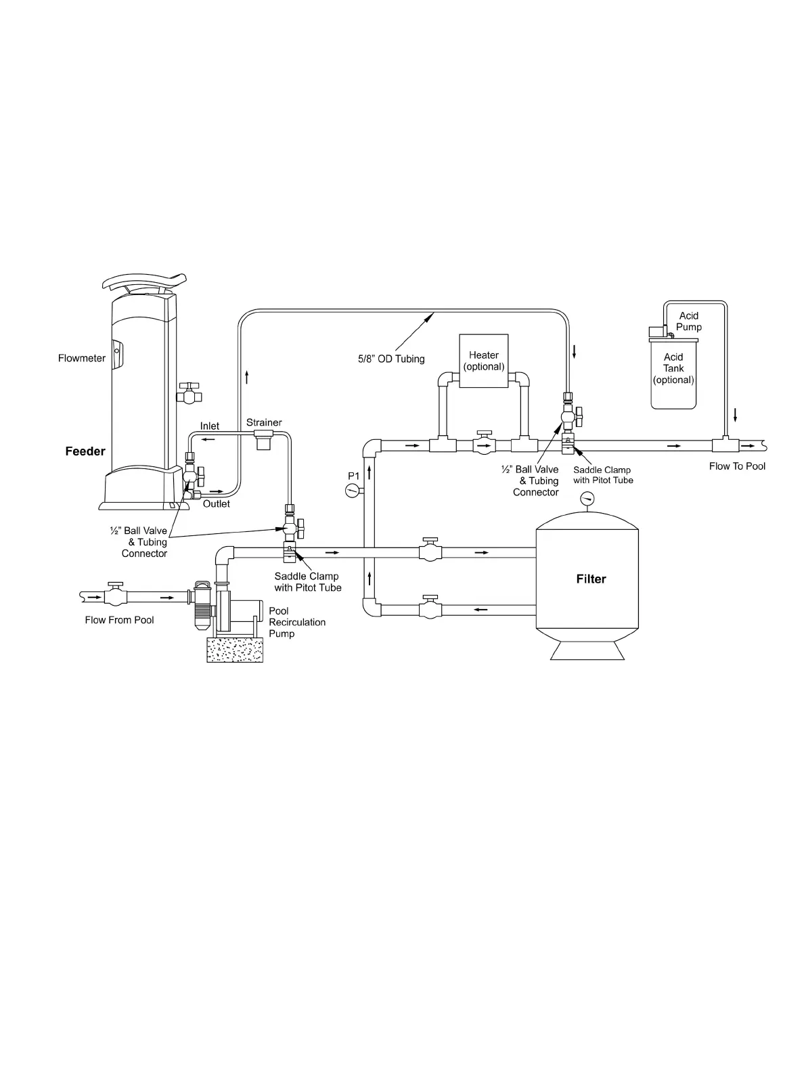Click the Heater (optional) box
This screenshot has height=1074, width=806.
[484, 361]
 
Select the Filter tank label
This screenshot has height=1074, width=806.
[591, 579]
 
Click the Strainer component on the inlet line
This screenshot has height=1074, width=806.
[263, 439]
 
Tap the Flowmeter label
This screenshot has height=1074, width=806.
[82, 358]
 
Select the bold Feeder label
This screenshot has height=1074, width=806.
[85, 451]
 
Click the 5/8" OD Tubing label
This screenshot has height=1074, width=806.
[391, 359]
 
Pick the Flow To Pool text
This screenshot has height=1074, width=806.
[737, 466]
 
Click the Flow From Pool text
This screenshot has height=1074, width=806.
[119, 620]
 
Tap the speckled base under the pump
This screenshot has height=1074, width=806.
[234, 650]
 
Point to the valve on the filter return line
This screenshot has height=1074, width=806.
[429, 608]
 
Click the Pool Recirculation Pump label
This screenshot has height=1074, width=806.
[296, 622]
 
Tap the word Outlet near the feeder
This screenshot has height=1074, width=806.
[217, 504]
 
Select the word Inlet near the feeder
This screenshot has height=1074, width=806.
[210, 426]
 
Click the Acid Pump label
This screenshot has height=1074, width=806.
[689, 321]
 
